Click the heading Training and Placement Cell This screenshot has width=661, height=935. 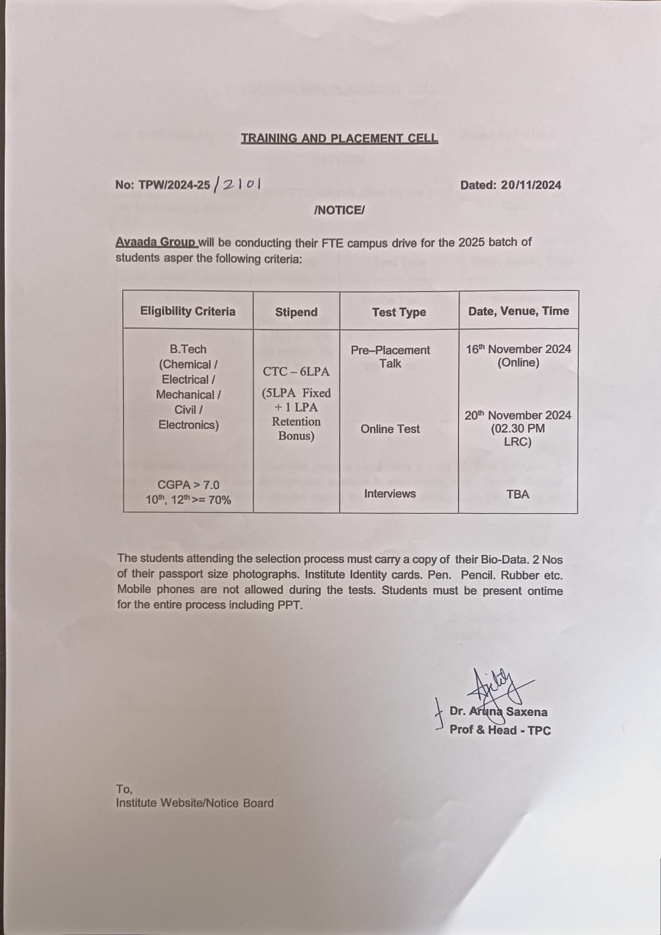pyautogui.click(x=339, y=139)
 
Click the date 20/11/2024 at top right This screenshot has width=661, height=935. pyautogui.click(x=531, y=185)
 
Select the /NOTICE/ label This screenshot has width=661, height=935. pyautogui.click(x=339, y=210)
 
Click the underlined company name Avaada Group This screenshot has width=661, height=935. pyautogui.click(x=156, y=243)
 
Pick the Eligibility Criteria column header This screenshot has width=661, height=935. pyautogui.click(x=188, y=311)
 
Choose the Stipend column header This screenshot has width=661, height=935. pyautogui.click(x=296, y=312)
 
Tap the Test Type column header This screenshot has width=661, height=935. pyautogui.click(x=399, y=312)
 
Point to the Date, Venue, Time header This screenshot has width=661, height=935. pyautogui.click(x=518, y=311)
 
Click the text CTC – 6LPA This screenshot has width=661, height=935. pyautogui.click(x=296, y=371)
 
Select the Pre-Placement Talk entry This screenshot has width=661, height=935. pyautogui.click(x=390, y=357)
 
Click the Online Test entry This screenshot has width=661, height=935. pyautogui.click(x=390, y=429)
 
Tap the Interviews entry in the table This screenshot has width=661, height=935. pyautogui.click(x=390, y=493)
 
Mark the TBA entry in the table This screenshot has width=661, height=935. pyautogui.click(x=518, y=494)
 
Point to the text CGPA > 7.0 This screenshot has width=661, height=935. pyautogui.click(x=188, y=485)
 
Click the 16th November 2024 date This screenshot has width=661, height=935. pyautogui.click(x=518, y=349)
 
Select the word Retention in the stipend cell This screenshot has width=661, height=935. pyautogui.click(x=296, y=421)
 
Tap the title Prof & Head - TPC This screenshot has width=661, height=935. pyautogui.click(x=500, y=730)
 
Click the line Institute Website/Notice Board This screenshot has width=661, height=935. pyautogui.click(x=195, y=803)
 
